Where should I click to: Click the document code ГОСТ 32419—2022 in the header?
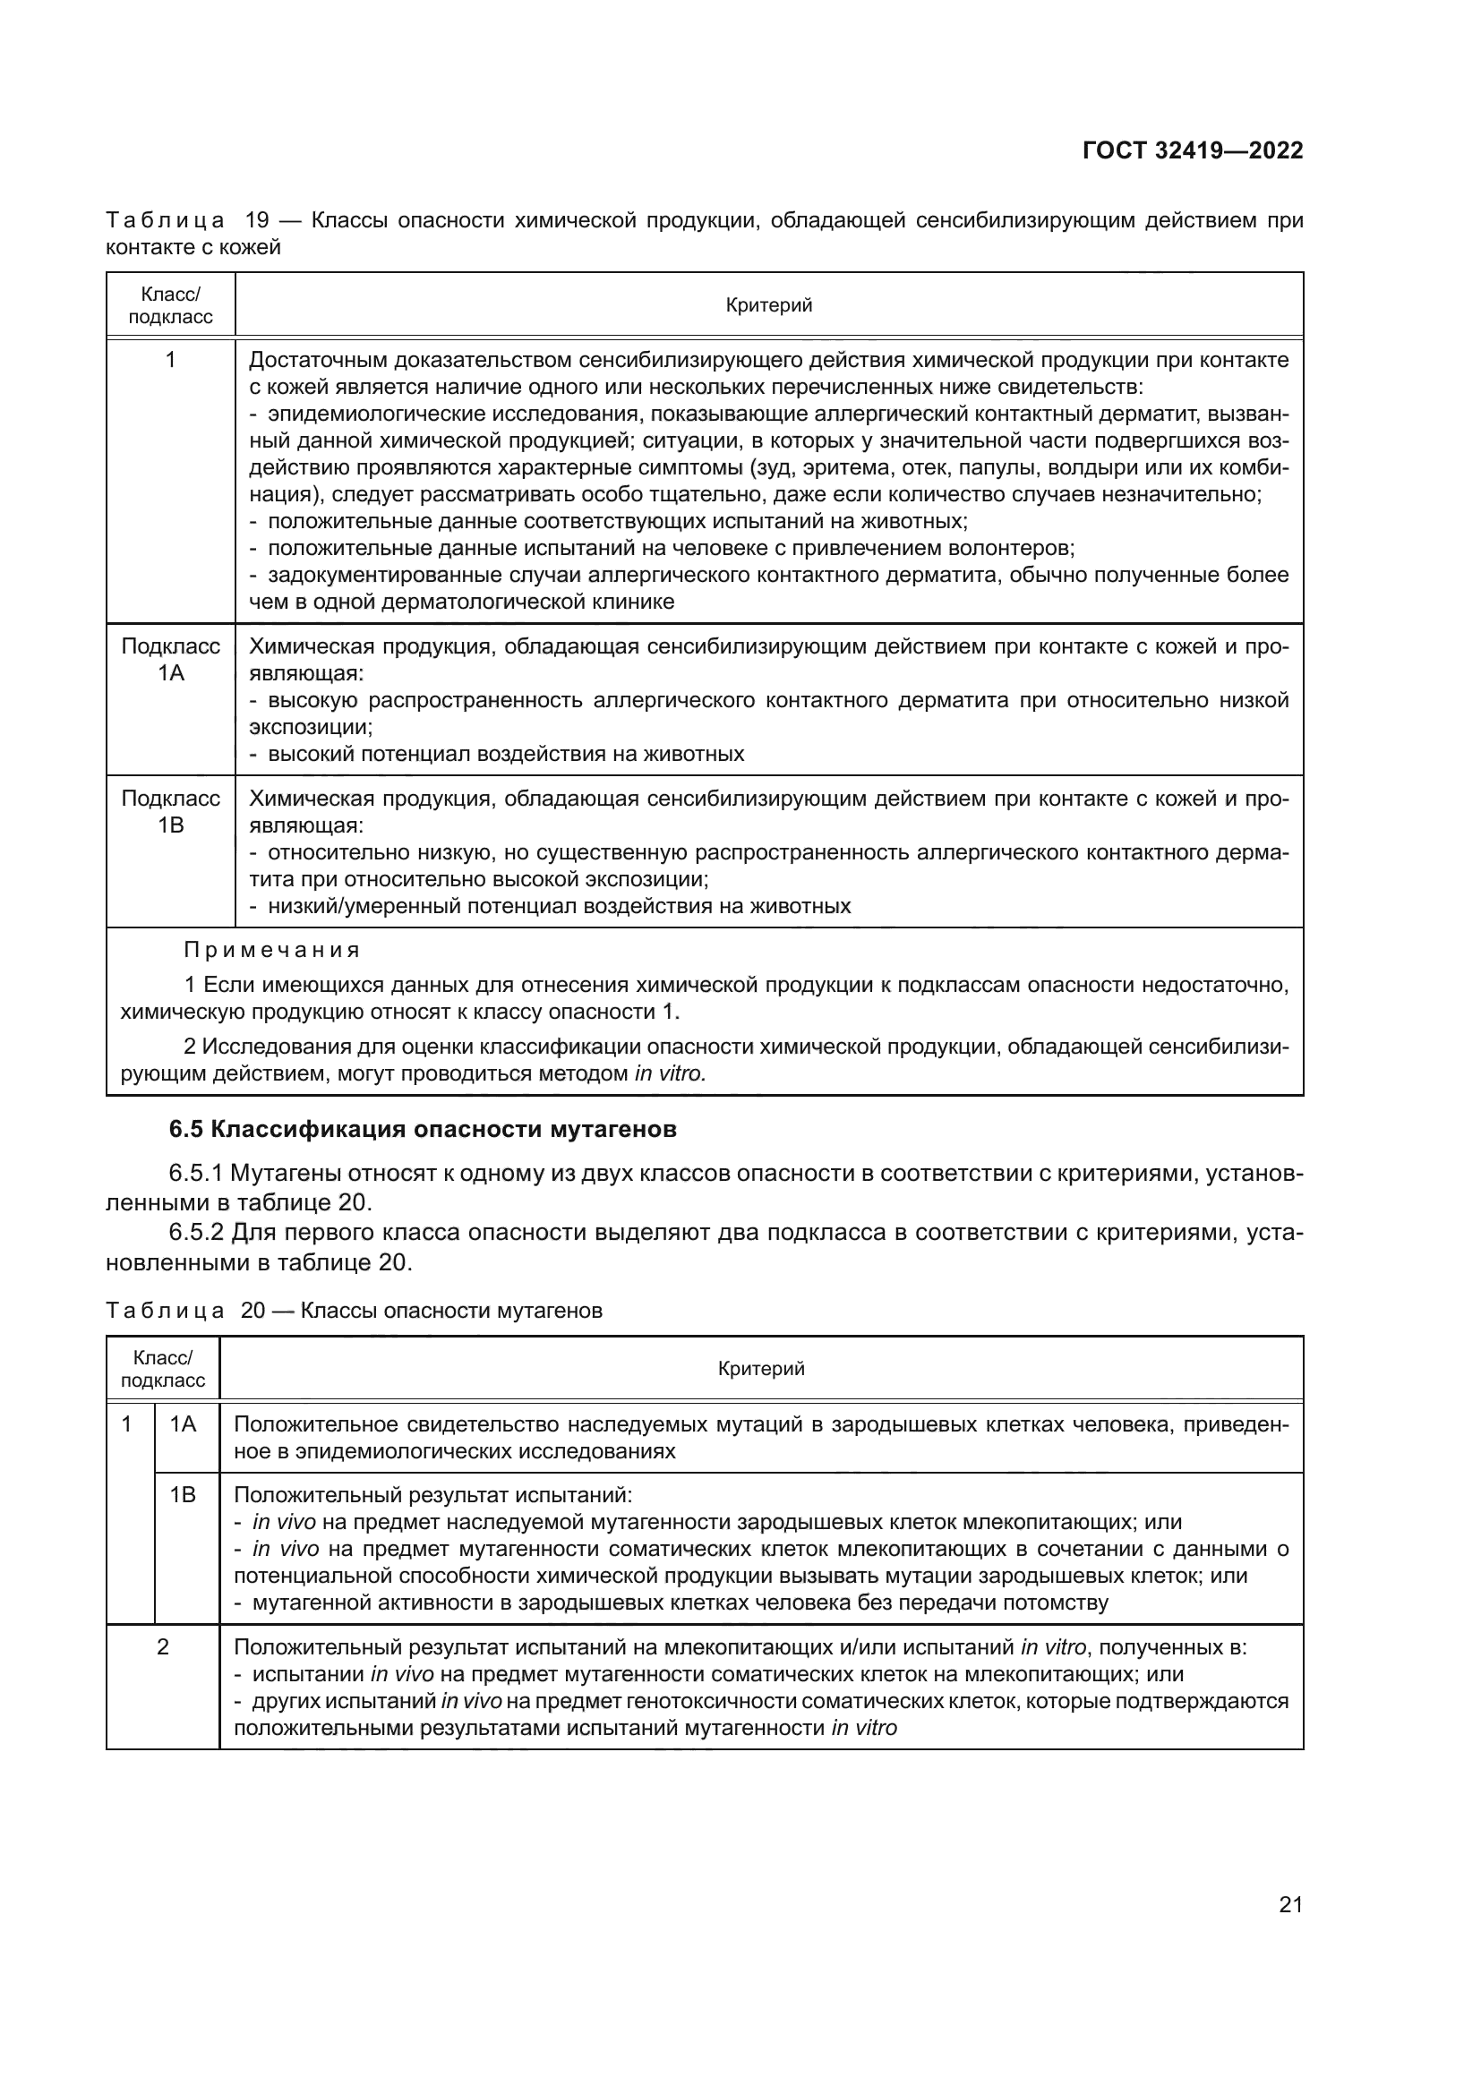(x=1192, y=150)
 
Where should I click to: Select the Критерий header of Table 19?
(x=768, y=305)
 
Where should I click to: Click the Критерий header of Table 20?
(x=760, y=1368)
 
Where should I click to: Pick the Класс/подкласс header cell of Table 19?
(x=170, y=305)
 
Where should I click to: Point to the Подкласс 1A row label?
(x=170, y=660)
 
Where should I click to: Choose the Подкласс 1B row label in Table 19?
(x=170, y=812)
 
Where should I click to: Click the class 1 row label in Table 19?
(x=170, y=360)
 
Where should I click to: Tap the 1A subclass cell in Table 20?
(x=184, y=1423)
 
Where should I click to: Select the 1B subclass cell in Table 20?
(x=184, y=1495)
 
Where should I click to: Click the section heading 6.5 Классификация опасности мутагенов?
(x=423, y=1129)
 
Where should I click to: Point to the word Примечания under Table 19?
(x=272, y=951)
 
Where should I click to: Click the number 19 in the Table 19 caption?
(x=259, y=221)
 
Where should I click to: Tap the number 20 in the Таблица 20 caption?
(x=253, y=1311)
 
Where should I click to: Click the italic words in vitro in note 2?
(x=671, y=1073)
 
